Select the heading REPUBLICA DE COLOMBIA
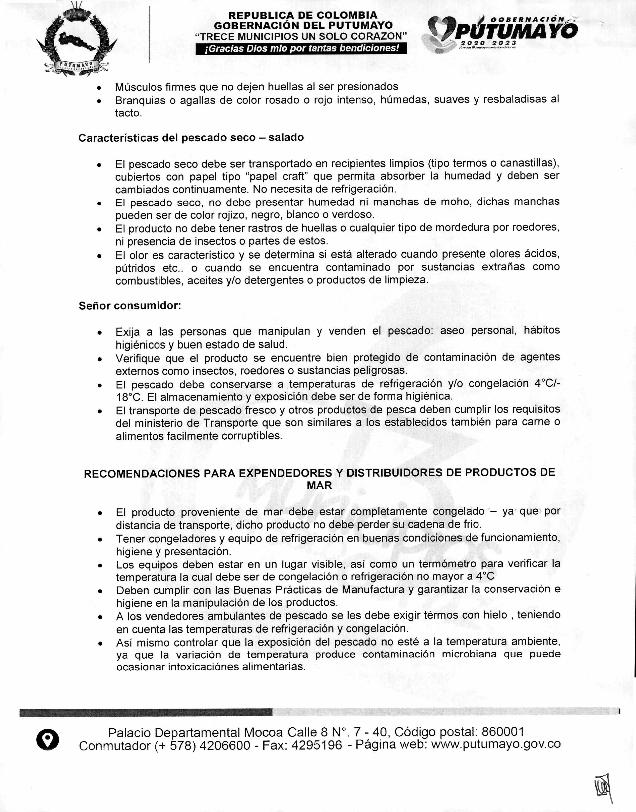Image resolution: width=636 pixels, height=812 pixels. (303, 16)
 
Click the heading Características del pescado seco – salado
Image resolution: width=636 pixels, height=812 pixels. (191, 137)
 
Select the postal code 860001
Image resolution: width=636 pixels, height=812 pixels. (503, 732)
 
